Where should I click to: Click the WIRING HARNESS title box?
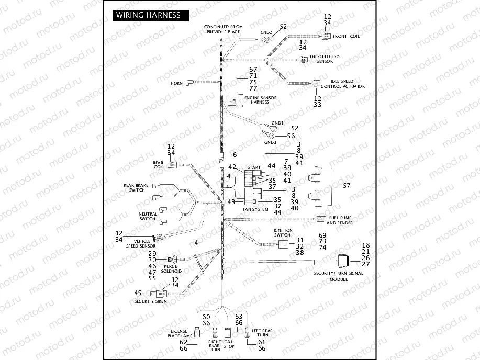tap(149, 15)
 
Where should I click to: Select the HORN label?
tap(176, 84)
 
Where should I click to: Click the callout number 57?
tap(346, 186)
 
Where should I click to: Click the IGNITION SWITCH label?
tap(282, 232)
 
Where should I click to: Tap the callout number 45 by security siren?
tap(138, 293)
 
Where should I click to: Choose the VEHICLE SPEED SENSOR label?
tap(140, 243)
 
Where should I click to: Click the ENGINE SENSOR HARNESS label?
tap(257, 100)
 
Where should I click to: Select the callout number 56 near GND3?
tap(291, 136)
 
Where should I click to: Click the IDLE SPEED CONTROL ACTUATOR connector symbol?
tap(315, 83)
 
